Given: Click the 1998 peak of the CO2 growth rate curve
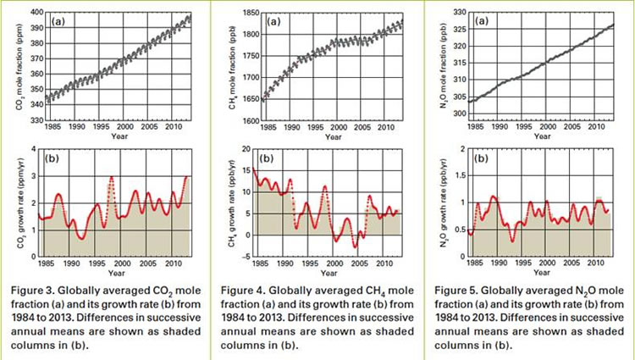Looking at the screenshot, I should click(111, 177).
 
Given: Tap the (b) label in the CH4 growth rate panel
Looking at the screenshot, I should click(265, 158).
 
